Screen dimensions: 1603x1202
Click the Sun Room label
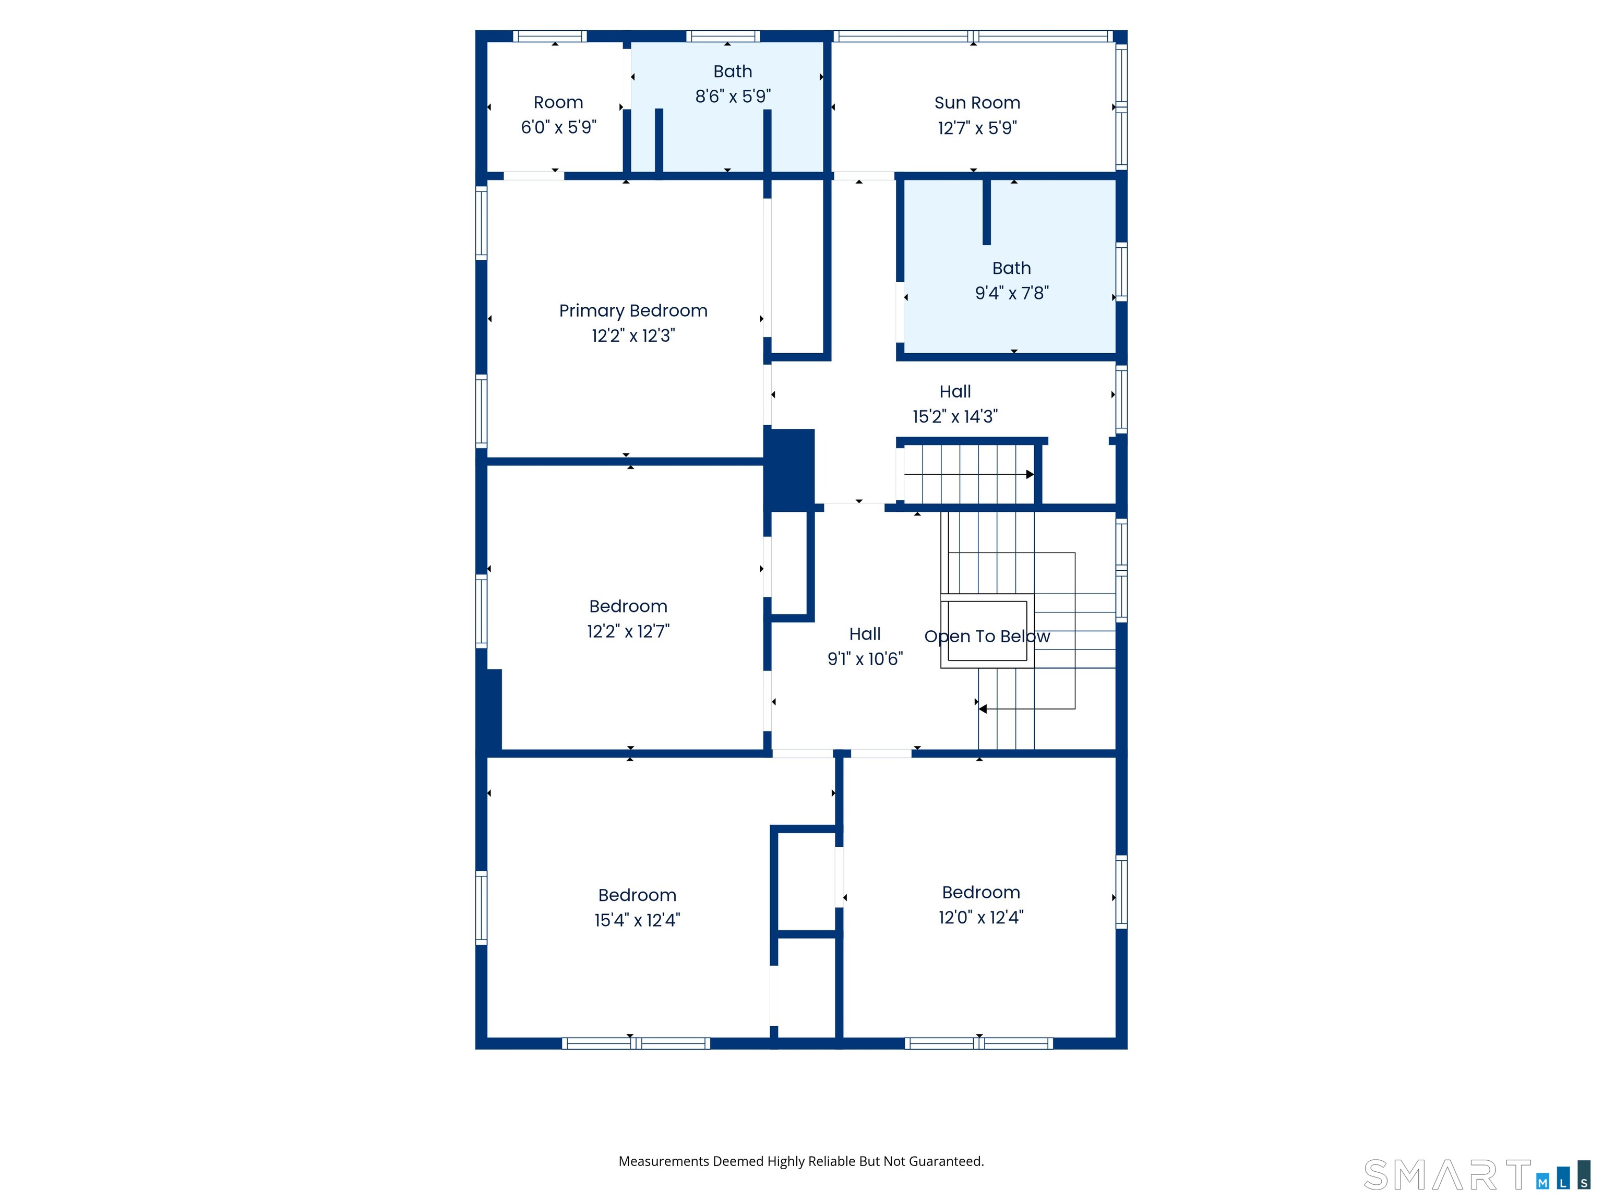[x=977, y=103]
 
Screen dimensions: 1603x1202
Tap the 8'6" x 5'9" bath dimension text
[x=733, y=97]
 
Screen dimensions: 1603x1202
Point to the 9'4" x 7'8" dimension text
[x=1012, y=293]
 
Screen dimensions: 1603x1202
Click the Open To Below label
[x=987, y=637]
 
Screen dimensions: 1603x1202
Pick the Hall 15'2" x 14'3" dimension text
[x=955, y=417]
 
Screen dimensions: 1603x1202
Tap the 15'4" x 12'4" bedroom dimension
[x=638, y=920]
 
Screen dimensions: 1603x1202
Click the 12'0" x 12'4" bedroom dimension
[x=981, y=917]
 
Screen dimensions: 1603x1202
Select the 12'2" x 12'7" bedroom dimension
[x=628, y=632]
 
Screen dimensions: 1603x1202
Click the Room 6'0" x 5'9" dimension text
[x=559, y=127]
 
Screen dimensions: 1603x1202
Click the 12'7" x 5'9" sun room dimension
[x=977, y=128]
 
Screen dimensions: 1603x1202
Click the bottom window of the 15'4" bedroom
[x=636, y=1043]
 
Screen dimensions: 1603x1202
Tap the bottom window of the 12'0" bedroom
[x=978, y=1043]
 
